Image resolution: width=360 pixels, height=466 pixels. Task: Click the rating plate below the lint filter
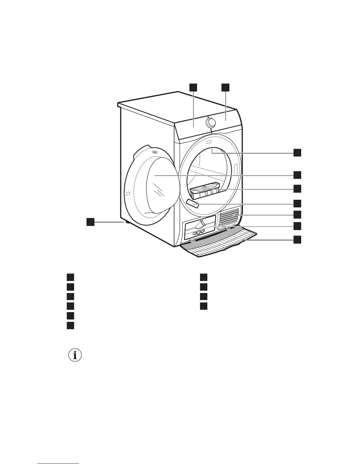pos(193,203)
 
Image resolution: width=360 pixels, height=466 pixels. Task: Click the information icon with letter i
pos(75,355)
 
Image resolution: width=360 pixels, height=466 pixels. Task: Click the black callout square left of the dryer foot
pos(90,222)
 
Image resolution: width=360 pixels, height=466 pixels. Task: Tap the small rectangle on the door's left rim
pos(128,194)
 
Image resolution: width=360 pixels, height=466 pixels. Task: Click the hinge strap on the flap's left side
pos(192,241)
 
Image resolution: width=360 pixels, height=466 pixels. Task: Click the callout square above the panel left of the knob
pos(193,87)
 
